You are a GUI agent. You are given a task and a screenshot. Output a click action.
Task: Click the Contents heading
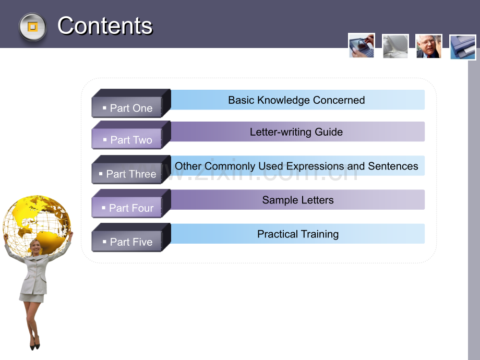(x=105, y=26)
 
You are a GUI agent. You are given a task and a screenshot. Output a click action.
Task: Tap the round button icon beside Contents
(x=32, y=27)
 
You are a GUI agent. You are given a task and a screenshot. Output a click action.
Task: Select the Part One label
(x=131, y=108)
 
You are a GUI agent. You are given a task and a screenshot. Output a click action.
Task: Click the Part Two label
(x=131, y=140)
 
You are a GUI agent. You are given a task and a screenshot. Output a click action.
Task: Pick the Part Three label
(x=131, y=174)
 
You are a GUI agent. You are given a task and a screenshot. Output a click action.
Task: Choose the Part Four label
(x=131, y=208)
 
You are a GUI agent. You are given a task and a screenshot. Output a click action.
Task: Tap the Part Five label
(x=131, y=242)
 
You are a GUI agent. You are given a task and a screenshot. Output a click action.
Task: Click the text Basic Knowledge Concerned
(x=296, y=100)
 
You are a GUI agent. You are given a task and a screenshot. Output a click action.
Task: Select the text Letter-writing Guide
(x=296, y=132)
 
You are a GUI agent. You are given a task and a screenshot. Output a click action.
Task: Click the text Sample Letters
(x=298, y=200)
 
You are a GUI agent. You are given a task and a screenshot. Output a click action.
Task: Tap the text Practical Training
(x=298, y=234)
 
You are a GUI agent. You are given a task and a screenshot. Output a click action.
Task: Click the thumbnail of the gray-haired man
(x=428, y=46)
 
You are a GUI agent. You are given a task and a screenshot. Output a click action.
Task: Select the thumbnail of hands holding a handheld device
(x=362, y=45)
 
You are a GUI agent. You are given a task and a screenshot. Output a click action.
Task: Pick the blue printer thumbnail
(x=463, y=47)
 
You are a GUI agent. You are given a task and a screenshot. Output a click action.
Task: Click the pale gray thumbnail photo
(x=395, y=46)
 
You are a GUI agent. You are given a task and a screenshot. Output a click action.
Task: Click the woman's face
(x=36, y=247)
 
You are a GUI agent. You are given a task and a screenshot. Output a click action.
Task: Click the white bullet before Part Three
(x=101, y=174)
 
